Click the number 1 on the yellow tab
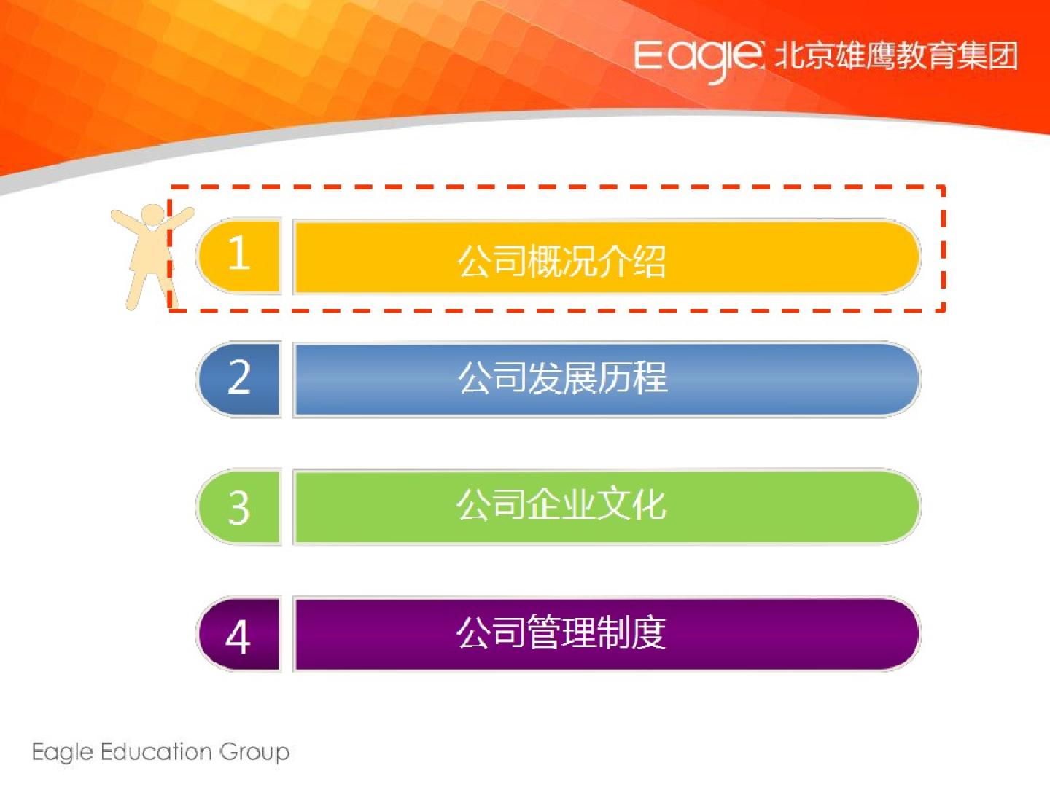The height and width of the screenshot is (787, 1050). click(239, 253)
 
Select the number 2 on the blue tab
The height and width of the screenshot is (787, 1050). click(238, 377)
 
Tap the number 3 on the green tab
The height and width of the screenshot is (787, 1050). click(238, 507)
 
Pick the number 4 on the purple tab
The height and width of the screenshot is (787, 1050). click(238, 637)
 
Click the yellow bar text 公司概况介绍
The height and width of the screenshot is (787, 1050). click(561, 262)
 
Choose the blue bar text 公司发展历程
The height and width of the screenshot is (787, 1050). click(562, 377)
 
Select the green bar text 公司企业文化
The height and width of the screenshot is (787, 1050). click(561, 504)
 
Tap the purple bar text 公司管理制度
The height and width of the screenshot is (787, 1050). click(561, 633)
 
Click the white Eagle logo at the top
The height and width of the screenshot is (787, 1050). click(699, 60)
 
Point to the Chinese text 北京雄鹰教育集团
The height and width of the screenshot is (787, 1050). click(895, 56)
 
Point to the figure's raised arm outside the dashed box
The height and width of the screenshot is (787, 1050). click(128, 222)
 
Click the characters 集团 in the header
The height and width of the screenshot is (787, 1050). click(987, 56)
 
